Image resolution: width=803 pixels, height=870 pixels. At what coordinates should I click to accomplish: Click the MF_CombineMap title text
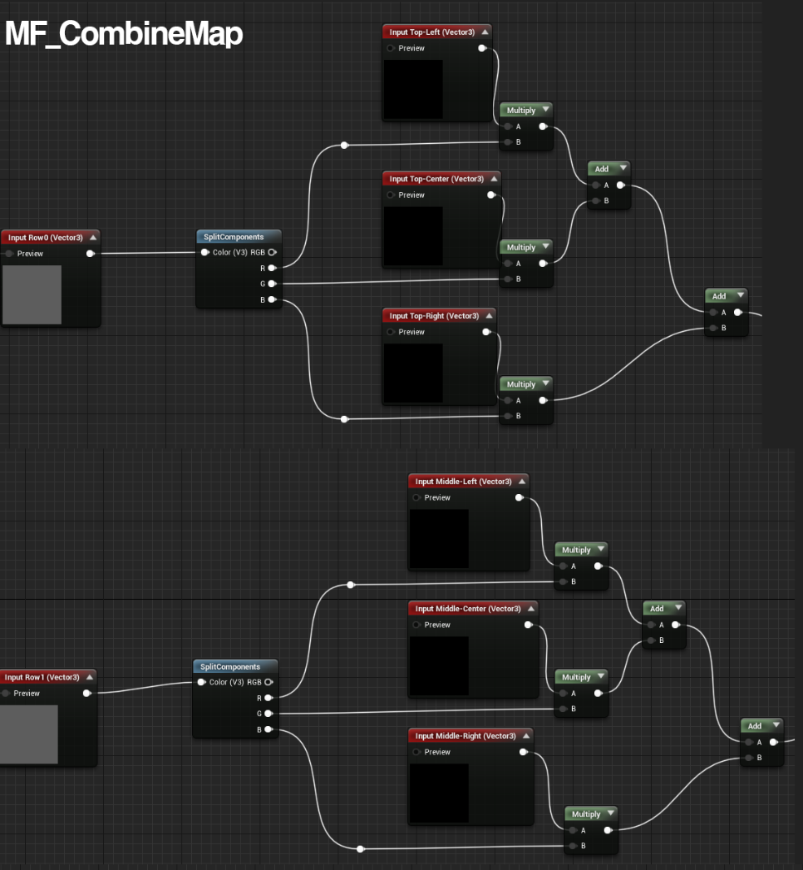point(124,34)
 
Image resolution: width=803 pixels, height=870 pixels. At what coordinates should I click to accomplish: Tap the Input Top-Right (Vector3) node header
point(434,316)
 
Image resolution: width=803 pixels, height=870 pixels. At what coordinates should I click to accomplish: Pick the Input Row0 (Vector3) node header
point(46,238)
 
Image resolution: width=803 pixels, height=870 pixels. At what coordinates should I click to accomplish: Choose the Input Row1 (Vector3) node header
point(42,677)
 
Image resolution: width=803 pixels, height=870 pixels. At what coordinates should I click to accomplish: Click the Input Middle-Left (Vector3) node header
point(462,482)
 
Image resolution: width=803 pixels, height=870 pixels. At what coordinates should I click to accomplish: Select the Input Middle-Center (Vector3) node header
point(468,609)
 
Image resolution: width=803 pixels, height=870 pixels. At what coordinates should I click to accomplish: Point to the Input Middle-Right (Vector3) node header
point(464,736)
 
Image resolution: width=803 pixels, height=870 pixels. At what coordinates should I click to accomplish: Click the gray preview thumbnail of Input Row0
point(32,294)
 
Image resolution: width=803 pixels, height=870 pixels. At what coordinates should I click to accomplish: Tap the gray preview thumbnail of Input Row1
point(28,734)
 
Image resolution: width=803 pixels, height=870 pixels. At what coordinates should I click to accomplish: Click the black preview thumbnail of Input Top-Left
point(412,89)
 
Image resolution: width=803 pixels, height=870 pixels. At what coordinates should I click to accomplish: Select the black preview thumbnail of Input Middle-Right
point(438,793)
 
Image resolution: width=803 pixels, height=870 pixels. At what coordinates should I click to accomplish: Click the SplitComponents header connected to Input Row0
point(234,237)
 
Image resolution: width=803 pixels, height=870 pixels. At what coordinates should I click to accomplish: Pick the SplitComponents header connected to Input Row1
point(230,667)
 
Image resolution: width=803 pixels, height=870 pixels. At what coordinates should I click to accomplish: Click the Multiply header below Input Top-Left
point(521,111)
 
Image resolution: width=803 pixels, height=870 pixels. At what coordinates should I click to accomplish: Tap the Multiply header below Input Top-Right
point(521,384)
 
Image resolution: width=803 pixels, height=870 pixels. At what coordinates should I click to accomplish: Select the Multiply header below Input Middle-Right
point(586,814)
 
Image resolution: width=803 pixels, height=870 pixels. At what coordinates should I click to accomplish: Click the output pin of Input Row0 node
point(90,254)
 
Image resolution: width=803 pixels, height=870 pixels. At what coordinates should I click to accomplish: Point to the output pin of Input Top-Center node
point(491,195)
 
